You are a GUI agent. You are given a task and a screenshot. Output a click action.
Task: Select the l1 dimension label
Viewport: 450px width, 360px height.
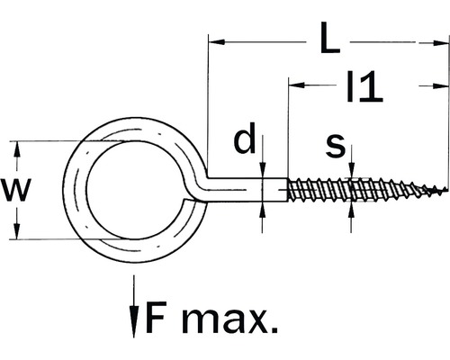[364, 86]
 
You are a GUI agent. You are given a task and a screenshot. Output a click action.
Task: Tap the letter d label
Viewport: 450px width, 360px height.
[244, 142]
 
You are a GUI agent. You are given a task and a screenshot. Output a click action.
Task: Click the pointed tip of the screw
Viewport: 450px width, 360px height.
[443, 191]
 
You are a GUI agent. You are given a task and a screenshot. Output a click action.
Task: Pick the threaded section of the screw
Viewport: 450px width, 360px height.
[351, 191]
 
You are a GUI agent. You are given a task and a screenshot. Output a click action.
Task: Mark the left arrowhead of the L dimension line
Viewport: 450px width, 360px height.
[216, 40]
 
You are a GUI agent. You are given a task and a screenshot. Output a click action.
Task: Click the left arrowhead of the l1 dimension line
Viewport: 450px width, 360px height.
[296, 85]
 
